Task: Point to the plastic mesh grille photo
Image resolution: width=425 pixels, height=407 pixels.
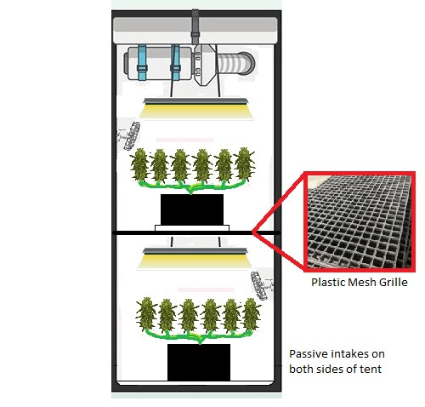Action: click(360, 221)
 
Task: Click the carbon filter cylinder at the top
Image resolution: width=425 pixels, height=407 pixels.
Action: click(159, 63)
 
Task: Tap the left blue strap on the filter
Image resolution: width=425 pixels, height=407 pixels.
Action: click(142, 62)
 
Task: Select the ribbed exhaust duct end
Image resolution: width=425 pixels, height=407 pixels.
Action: click(236, 63)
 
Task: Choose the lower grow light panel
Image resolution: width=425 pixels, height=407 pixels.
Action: click(195, 258)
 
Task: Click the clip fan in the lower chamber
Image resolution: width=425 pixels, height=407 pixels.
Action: click(261, 285)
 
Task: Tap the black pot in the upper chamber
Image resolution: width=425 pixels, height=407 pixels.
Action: click(192, 209)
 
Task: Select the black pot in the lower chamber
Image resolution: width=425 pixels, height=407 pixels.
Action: click(199, 362)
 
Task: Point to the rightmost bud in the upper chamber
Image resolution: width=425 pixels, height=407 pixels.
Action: click(245, 163)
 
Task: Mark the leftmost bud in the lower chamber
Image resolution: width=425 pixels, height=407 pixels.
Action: click(146, 314)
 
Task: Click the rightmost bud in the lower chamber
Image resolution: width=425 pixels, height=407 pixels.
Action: click(252, 314)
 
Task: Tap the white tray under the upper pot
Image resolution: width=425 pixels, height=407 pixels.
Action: click(192, 228)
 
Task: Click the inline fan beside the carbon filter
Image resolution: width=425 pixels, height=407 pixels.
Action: click(205, 65)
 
